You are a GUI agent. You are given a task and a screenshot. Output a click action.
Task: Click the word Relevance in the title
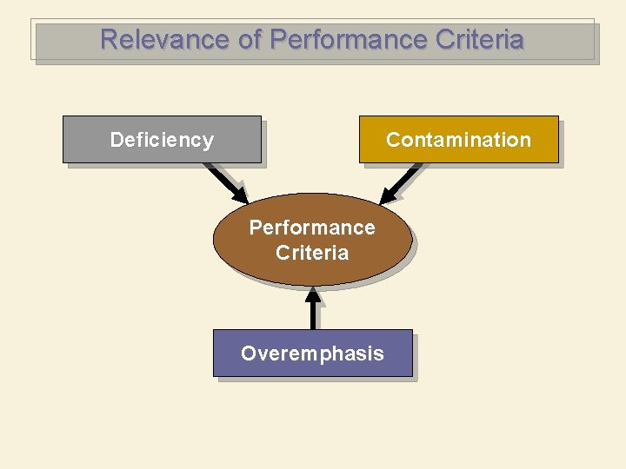[153, 40]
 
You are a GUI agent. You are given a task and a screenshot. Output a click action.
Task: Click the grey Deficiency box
[162, 139]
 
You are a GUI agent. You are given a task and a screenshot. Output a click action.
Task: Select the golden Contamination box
[458, 139]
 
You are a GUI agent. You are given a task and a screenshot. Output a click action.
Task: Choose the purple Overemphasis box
[312, 353]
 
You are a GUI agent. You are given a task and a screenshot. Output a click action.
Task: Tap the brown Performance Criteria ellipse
[312, 240]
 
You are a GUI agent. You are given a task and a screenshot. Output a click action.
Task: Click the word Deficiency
[162, 140]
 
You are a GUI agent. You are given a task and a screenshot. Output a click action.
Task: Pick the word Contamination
[458, 140]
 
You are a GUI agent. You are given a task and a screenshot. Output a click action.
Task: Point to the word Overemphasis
[312, 353]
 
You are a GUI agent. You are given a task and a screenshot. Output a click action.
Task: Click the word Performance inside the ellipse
[312, 228]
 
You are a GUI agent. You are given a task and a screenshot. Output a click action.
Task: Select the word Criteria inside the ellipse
[312, 253]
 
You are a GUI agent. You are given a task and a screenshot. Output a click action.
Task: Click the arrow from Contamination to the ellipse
[402, 182]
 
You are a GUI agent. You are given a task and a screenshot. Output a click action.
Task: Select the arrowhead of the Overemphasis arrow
[312, 293]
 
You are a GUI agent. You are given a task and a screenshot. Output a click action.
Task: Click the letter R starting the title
[109, 40]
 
